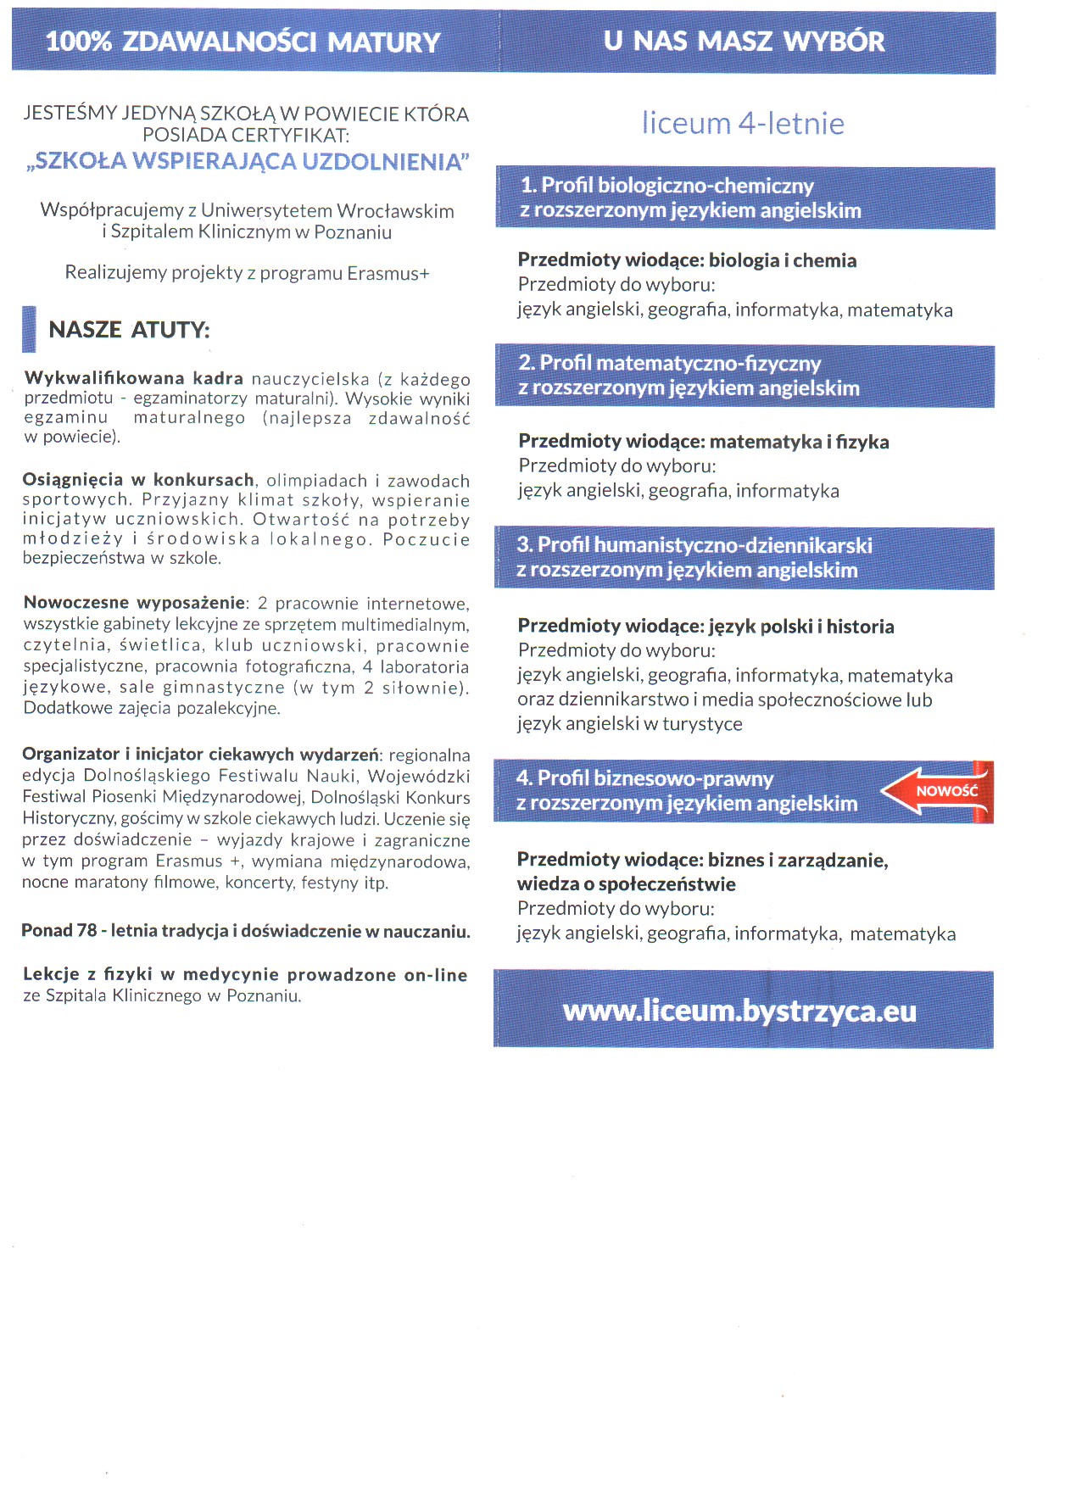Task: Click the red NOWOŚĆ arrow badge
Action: coord(937,790)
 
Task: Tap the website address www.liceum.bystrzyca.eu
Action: coord(739,1011)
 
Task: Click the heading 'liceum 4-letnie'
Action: coord(743,123)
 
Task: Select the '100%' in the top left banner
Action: coord(78,42)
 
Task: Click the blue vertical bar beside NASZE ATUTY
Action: coord(29,329)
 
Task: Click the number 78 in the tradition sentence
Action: coord(86,930)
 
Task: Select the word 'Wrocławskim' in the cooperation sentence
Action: coord(396,210)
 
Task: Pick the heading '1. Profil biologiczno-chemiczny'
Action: coord(667,185)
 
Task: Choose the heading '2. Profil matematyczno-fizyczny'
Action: coord(670,363)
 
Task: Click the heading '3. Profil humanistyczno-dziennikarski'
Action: coord(694,544)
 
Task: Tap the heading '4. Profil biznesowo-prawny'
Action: coord(645,777)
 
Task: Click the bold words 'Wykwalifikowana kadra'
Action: coord(134,377)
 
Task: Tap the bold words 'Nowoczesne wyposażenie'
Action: coord(134,603)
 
